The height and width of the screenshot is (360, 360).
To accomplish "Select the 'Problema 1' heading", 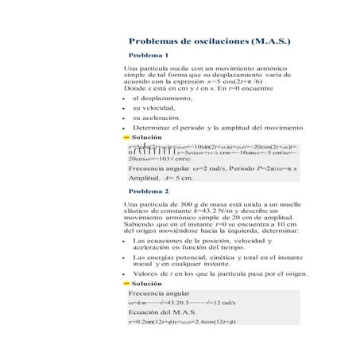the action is tap(149, 56).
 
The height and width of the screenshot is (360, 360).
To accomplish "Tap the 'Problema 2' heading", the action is tap(149, 192).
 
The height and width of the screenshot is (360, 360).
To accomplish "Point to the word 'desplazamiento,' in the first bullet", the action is tap(172, 97).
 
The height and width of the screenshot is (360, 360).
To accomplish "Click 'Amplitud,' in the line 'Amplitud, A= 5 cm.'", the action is tap(144, 179).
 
